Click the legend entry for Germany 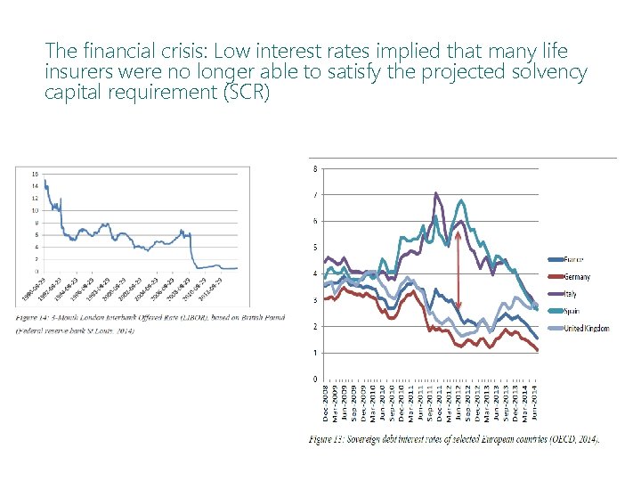tap(576, 277)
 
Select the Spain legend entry tap(572, 311)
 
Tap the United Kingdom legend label tap(586, 328)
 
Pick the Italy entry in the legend tap(570, 294)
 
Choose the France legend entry tap(573, 259)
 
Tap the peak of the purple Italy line tap(435, 192)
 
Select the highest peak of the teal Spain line tap(460, 200)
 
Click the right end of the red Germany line tap(538, 351)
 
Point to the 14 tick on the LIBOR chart tap(35, 185)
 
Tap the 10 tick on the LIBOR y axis tap(35, 210)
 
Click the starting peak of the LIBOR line tap(44, 181)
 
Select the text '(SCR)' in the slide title tap(240, 92)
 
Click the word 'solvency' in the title tap(548, 71)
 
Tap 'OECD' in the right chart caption tap(564, 439)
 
